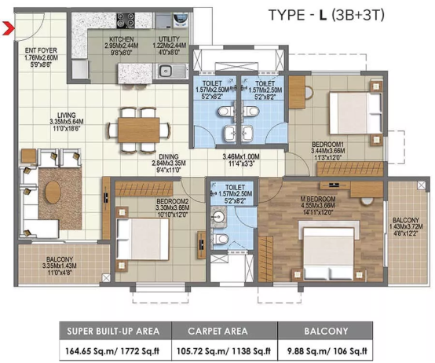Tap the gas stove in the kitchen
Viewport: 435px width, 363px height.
(x=126, y=20)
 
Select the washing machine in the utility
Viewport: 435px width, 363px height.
(x=181, y=20)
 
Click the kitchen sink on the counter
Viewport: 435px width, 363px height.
(x=166, y=70)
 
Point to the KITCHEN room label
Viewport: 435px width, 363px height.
(x=122, y=39)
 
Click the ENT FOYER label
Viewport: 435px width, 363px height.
(x=41, y=50)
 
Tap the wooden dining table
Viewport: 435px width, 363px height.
(x=139, y=130)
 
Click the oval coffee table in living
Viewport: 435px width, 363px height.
(x=53, y=192)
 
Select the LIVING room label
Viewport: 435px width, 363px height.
(x=67, y=115)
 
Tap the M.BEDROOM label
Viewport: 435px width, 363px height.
(x=318, y=199)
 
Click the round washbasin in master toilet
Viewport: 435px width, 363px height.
(x=218, y=215)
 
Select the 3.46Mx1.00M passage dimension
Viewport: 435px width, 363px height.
(x=241, y=157)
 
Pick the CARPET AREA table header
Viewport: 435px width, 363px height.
(x=217, y=331)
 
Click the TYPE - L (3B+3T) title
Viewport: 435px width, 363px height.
(x=327, y=15)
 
